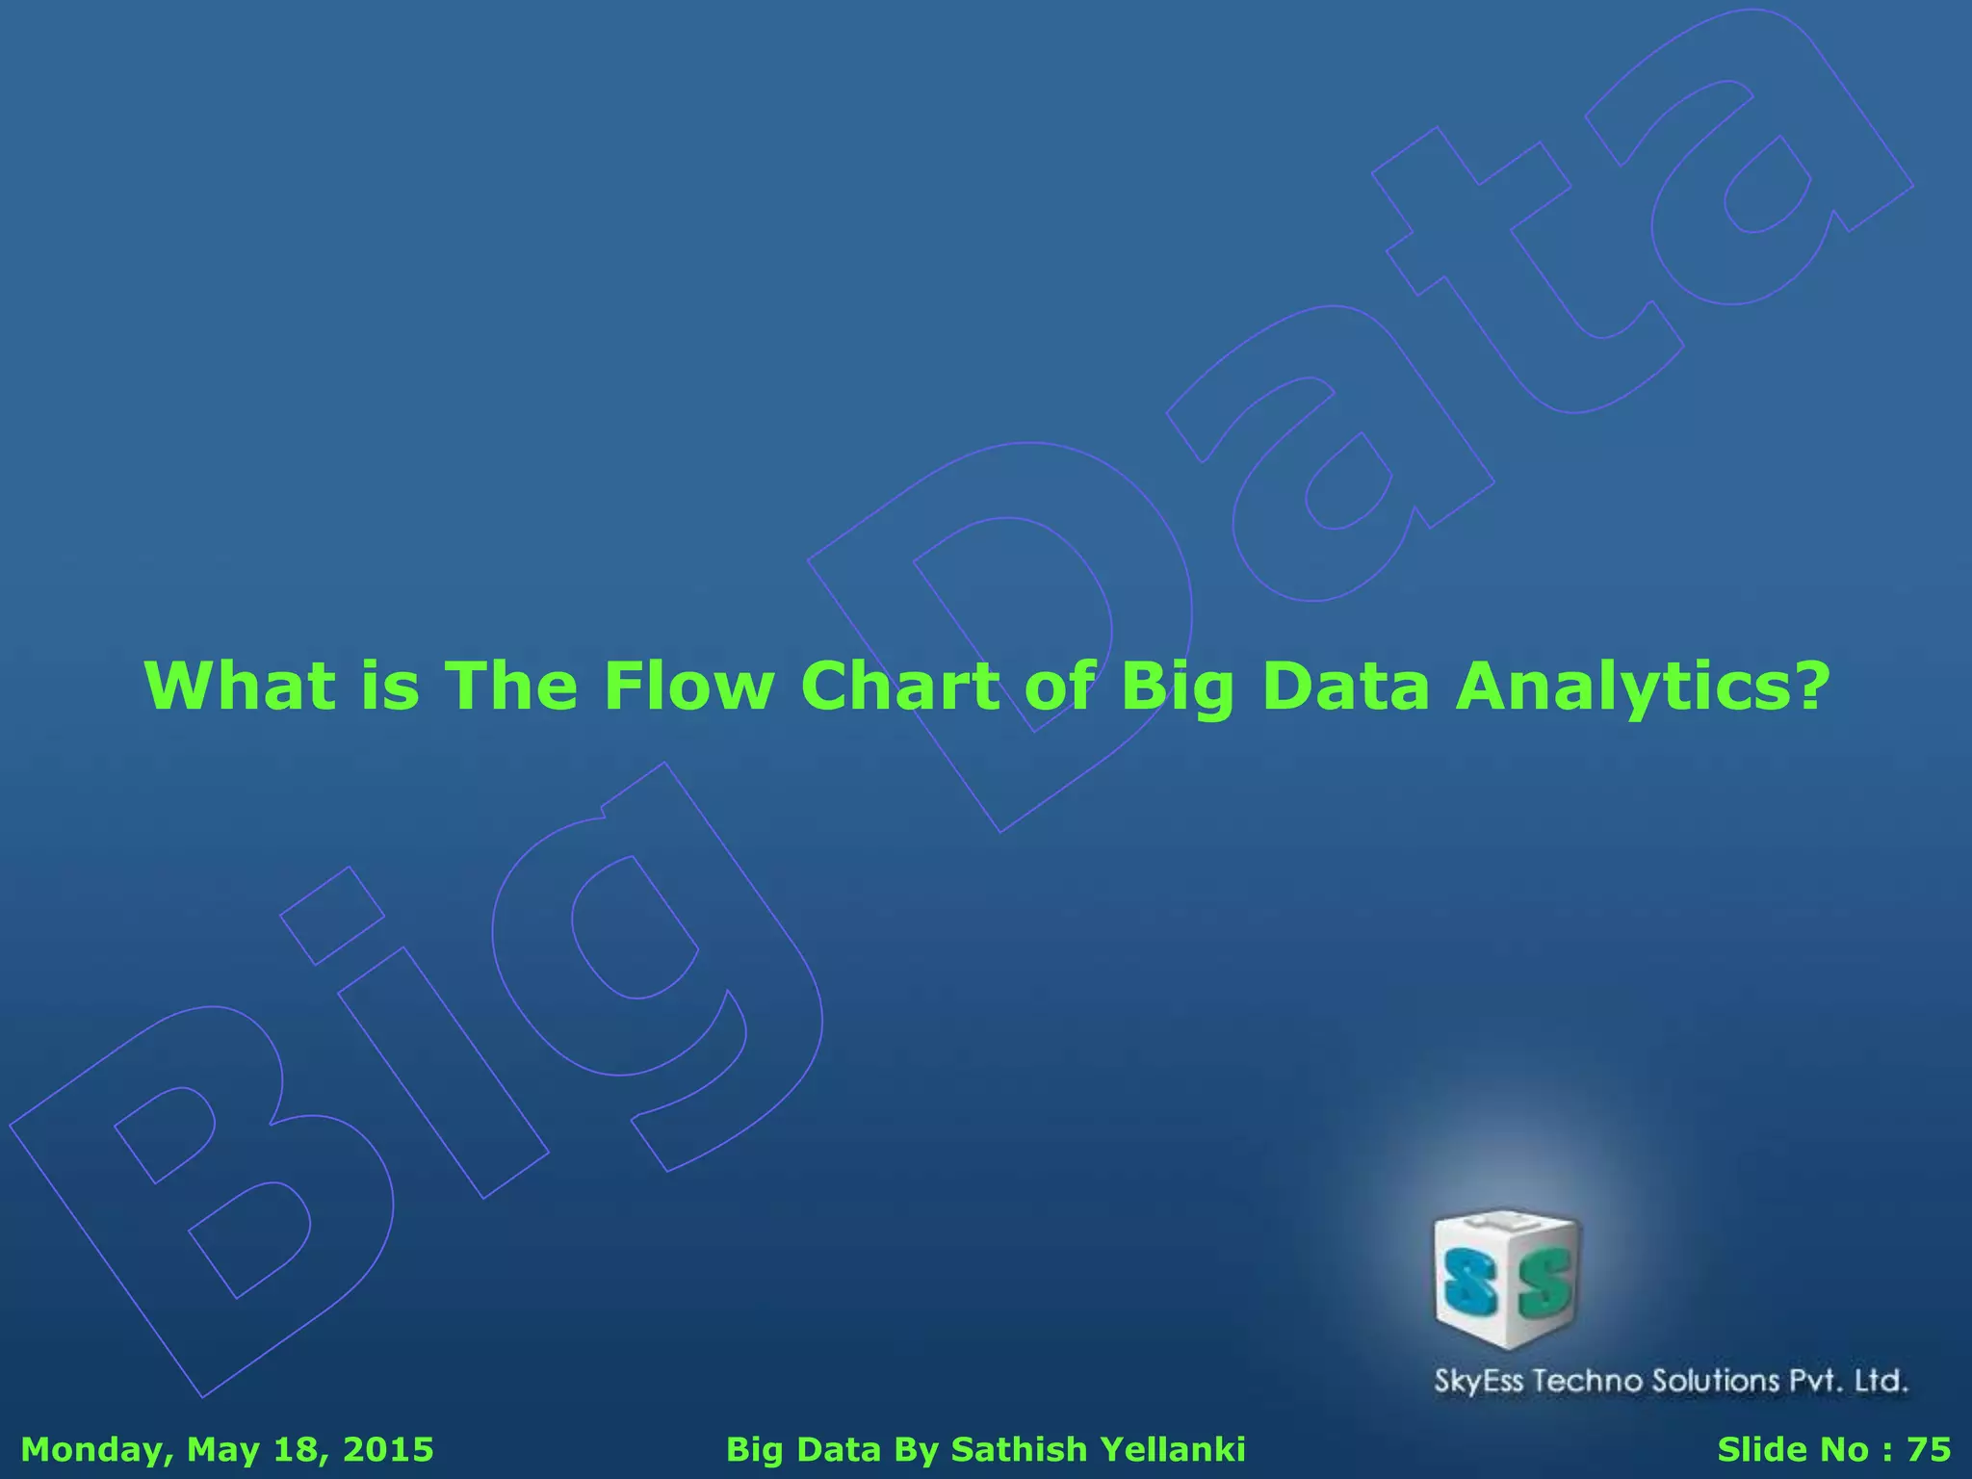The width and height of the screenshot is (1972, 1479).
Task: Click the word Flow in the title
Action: point(688,686)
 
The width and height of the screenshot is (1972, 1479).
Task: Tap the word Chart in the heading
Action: point(901,686)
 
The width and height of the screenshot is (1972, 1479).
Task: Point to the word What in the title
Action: point(240,686)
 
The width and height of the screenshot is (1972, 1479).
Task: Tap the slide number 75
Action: point(1929,1449)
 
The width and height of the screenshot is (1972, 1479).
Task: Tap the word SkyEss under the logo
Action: point(1479,1382)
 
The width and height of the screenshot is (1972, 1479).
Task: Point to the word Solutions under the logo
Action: point(1716,1381)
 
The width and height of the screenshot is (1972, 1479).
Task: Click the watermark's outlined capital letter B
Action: point(193,1204)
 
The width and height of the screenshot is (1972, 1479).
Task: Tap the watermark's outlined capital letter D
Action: point(1001,626)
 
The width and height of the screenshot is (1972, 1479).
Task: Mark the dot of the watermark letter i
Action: point(332,915)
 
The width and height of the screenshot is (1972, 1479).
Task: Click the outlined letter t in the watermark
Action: point(1502,260)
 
